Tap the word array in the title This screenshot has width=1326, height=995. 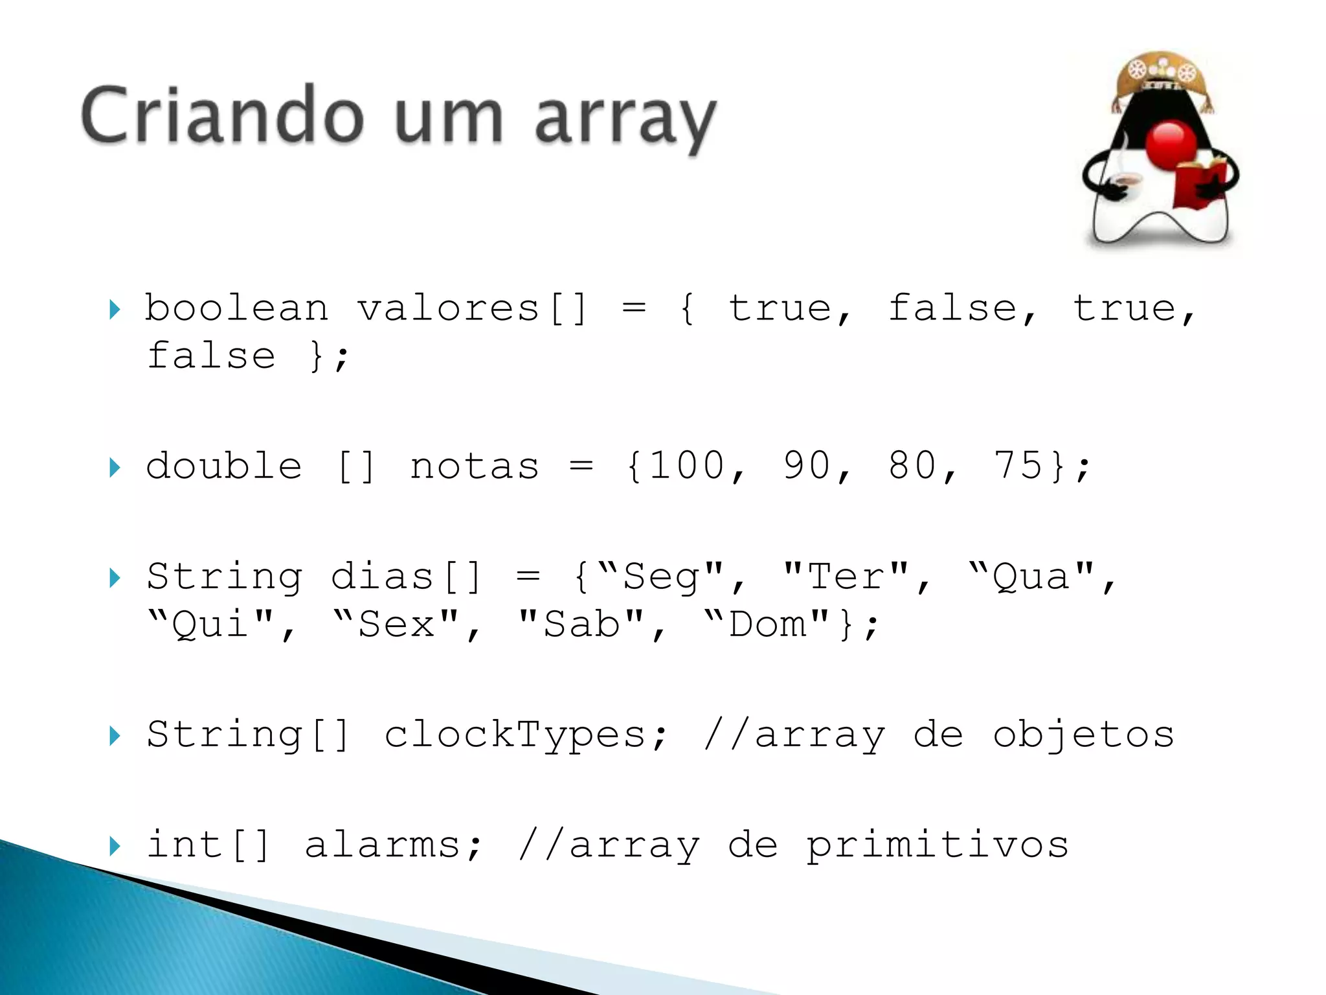[x=625, y=120]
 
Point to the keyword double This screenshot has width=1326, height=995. [x=224, y=466]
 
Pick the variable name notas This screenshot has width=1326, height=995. [x=475, y=467]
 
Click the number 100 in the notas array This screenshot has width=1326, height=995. [x=687, y=466]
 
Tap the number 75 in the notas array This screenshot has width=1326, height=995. [x=1018, y=466]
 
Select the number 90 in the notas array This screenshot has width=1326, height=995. [x=807, y=466]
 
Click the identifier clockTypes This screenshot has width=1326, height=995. [x=515, y=735]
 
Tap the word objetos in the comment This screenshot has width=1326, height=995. [x=1083, y=735]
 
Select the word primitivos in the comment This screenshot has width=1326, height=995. [x=938, y=845]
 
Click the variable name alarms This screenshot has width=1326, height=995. [x=382, y=845]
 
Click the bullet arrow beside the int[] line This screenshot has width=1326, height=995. [x=115, y=845]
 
